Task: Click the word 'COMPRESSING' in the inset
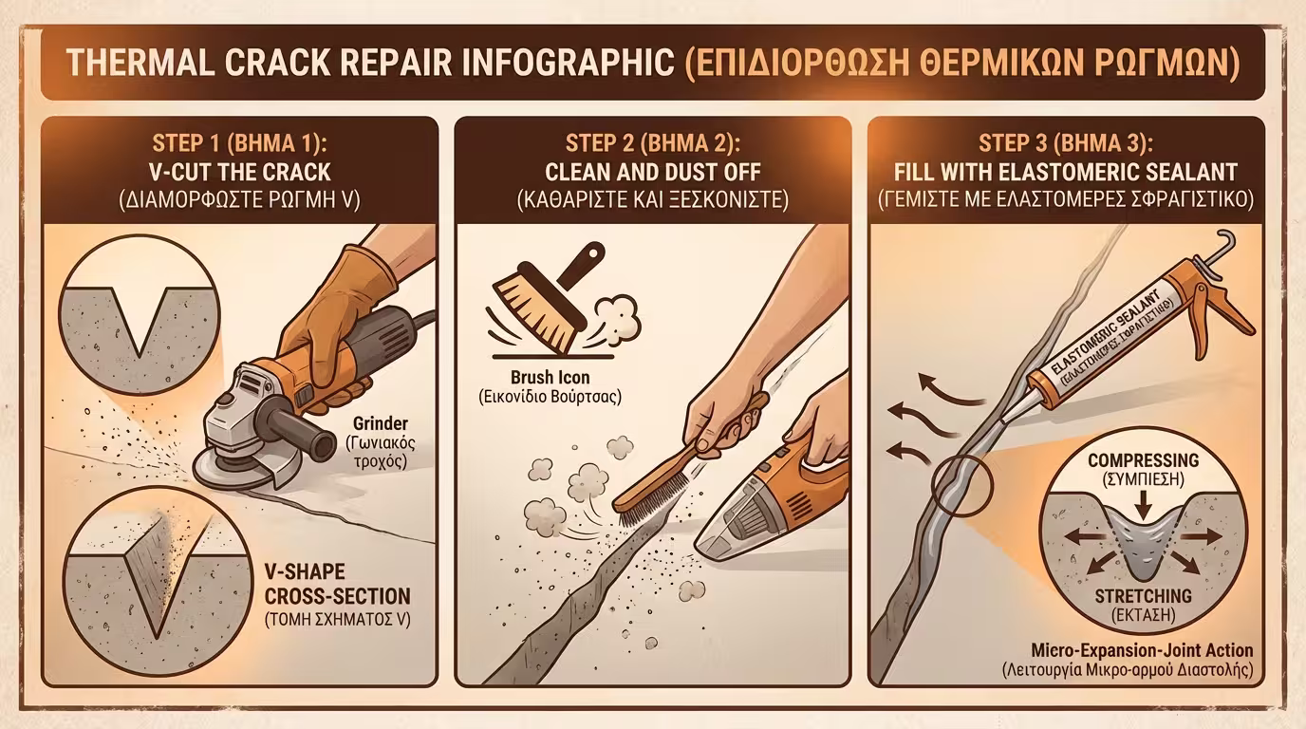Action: [1143, 460]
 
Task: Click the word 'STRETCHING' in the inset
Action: [1143, 595]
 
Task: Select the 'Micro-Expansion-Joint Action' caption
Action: [1142, 650]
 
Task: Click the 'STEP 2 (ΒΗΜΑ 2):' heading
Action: [652, 143]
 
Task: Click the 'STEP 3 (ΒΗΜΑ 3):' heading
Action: [1066, 143]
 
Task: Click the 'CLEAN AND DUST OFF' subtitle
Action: [652, 173]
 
